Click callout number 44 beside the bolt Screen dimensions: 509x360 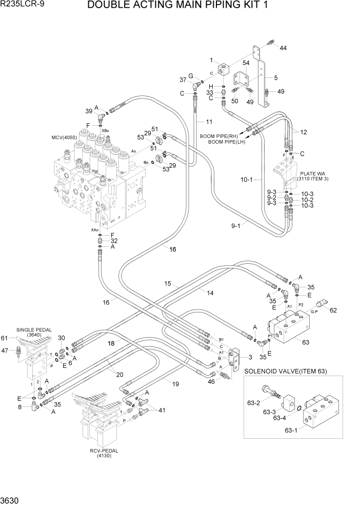tap(283, 48)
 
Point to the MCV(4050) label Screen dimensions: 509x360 tap(63, 138)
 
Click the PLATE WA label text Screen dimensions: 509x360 tap(314, 173)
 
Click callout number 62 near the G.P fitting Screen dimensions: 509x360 tap(333, 310)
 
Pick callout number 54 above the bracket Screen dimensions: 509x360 tap(246, 63)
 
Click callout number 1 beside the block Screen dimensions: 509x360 tap(211, 61)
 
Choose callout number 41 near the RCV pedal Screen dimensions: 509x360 tap(163, 410)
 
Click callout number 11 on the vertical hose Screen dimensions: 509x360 tap(209, 122)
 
